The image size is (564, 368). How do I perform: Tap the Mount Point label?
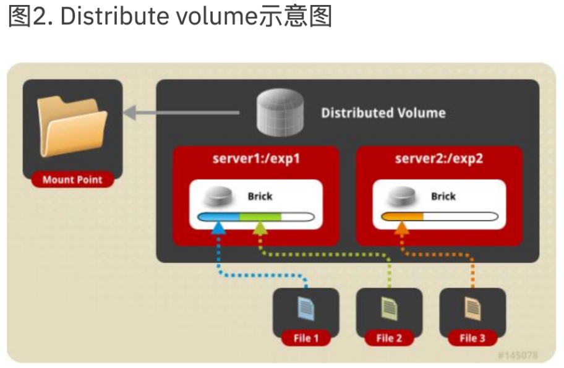[x=72, y=180]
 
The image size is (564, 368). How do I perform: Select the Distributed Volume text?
[x=383, y=113]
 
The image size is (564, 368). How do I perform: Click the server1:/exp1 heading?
[x=256, y=158]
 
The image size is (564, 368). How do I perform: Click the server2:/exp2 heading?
[x=439, y=158]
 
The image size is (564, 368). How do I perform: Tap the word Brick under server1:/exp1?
[x=260, y=196]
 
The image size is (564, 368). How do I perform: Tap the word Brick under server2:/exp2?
[x=443, y=196]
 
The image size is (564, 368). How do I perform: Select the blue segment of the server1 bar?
[x=218, y=216]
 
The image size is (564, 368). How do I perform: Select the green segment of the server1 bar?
[x=260, y=216]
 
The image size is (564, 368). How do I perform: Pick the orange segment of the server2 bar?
[x=403, y=216]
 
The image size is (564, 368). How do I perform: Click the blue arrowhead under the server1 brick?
[x=218, y=228]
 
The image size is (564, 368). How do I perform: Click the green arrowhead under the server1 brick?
[x=260, y=228]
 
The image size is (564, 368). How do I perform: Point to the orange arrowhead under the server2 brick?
[x=402, y=228]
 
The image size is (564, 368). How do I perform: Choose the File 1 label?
[x=306, y=338]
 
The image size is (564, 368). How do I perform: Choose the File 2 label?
[x=390, y=338]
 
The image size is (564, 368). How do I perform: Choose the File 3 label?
[x=472, y=338]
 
